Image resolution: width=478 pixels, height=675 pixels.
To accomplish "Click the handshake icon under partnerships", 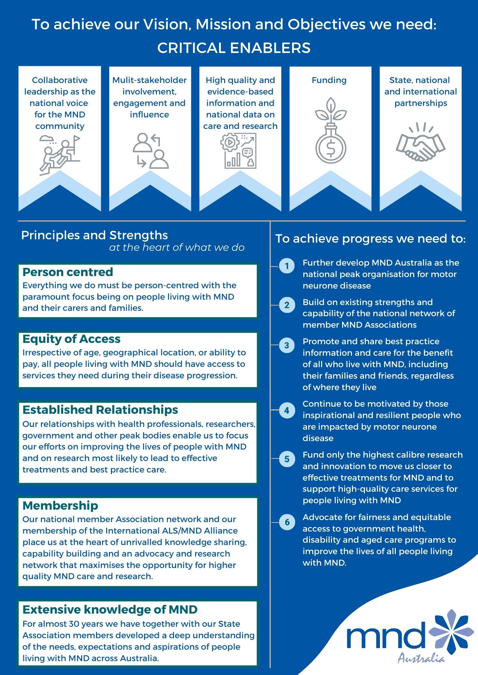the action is pos(421,142).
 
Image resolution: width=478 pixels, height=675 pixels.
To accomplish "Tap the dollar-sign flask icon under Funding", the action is pos(331,131).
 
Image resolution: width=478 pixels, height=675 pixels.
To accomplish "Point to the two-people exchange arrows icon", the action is pos(150,151).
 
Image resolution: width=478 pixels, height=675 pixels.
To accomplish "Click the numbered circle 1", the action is pos(287,266).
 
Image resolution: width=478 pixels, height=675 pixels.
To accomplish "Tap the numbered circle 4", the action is pos(287,410).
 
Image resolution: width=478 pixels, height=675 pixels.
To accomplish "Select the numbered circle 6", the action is pos(287,522).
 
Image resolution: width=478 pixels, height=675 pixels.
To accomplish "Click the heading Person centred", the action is pos(68,272).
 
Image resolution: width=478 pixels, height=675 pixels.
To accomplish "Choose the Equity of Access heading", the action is pos(71,339).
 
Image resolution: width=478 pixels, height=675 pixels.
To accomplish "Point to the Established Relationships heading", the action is pos(100,410).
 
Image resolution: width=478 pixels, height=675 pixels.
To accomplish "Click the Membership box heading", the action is pos(60,506).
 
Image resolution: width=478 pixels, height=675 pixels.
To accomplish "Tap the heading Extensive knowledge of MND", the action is pos(110,610).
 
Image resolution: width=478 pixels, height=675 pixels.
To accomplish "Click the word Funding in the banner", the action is pos(329,80).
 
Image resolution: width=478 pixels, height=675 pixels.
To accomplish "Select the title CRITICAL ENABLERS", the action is pos(234,48).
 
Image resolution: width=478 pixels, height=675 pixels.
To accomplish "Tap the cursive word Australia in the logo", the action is pos(421,658).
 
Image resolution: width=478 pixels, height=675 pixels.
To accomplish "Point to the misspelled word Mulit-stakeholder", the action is pos(149,80).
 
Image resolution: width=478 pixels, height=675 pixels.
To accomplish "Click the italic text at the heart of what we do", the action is pos(177,248).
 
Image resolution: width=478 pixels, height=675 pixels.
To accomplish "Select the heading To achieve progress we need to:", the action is pos(371,239).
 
